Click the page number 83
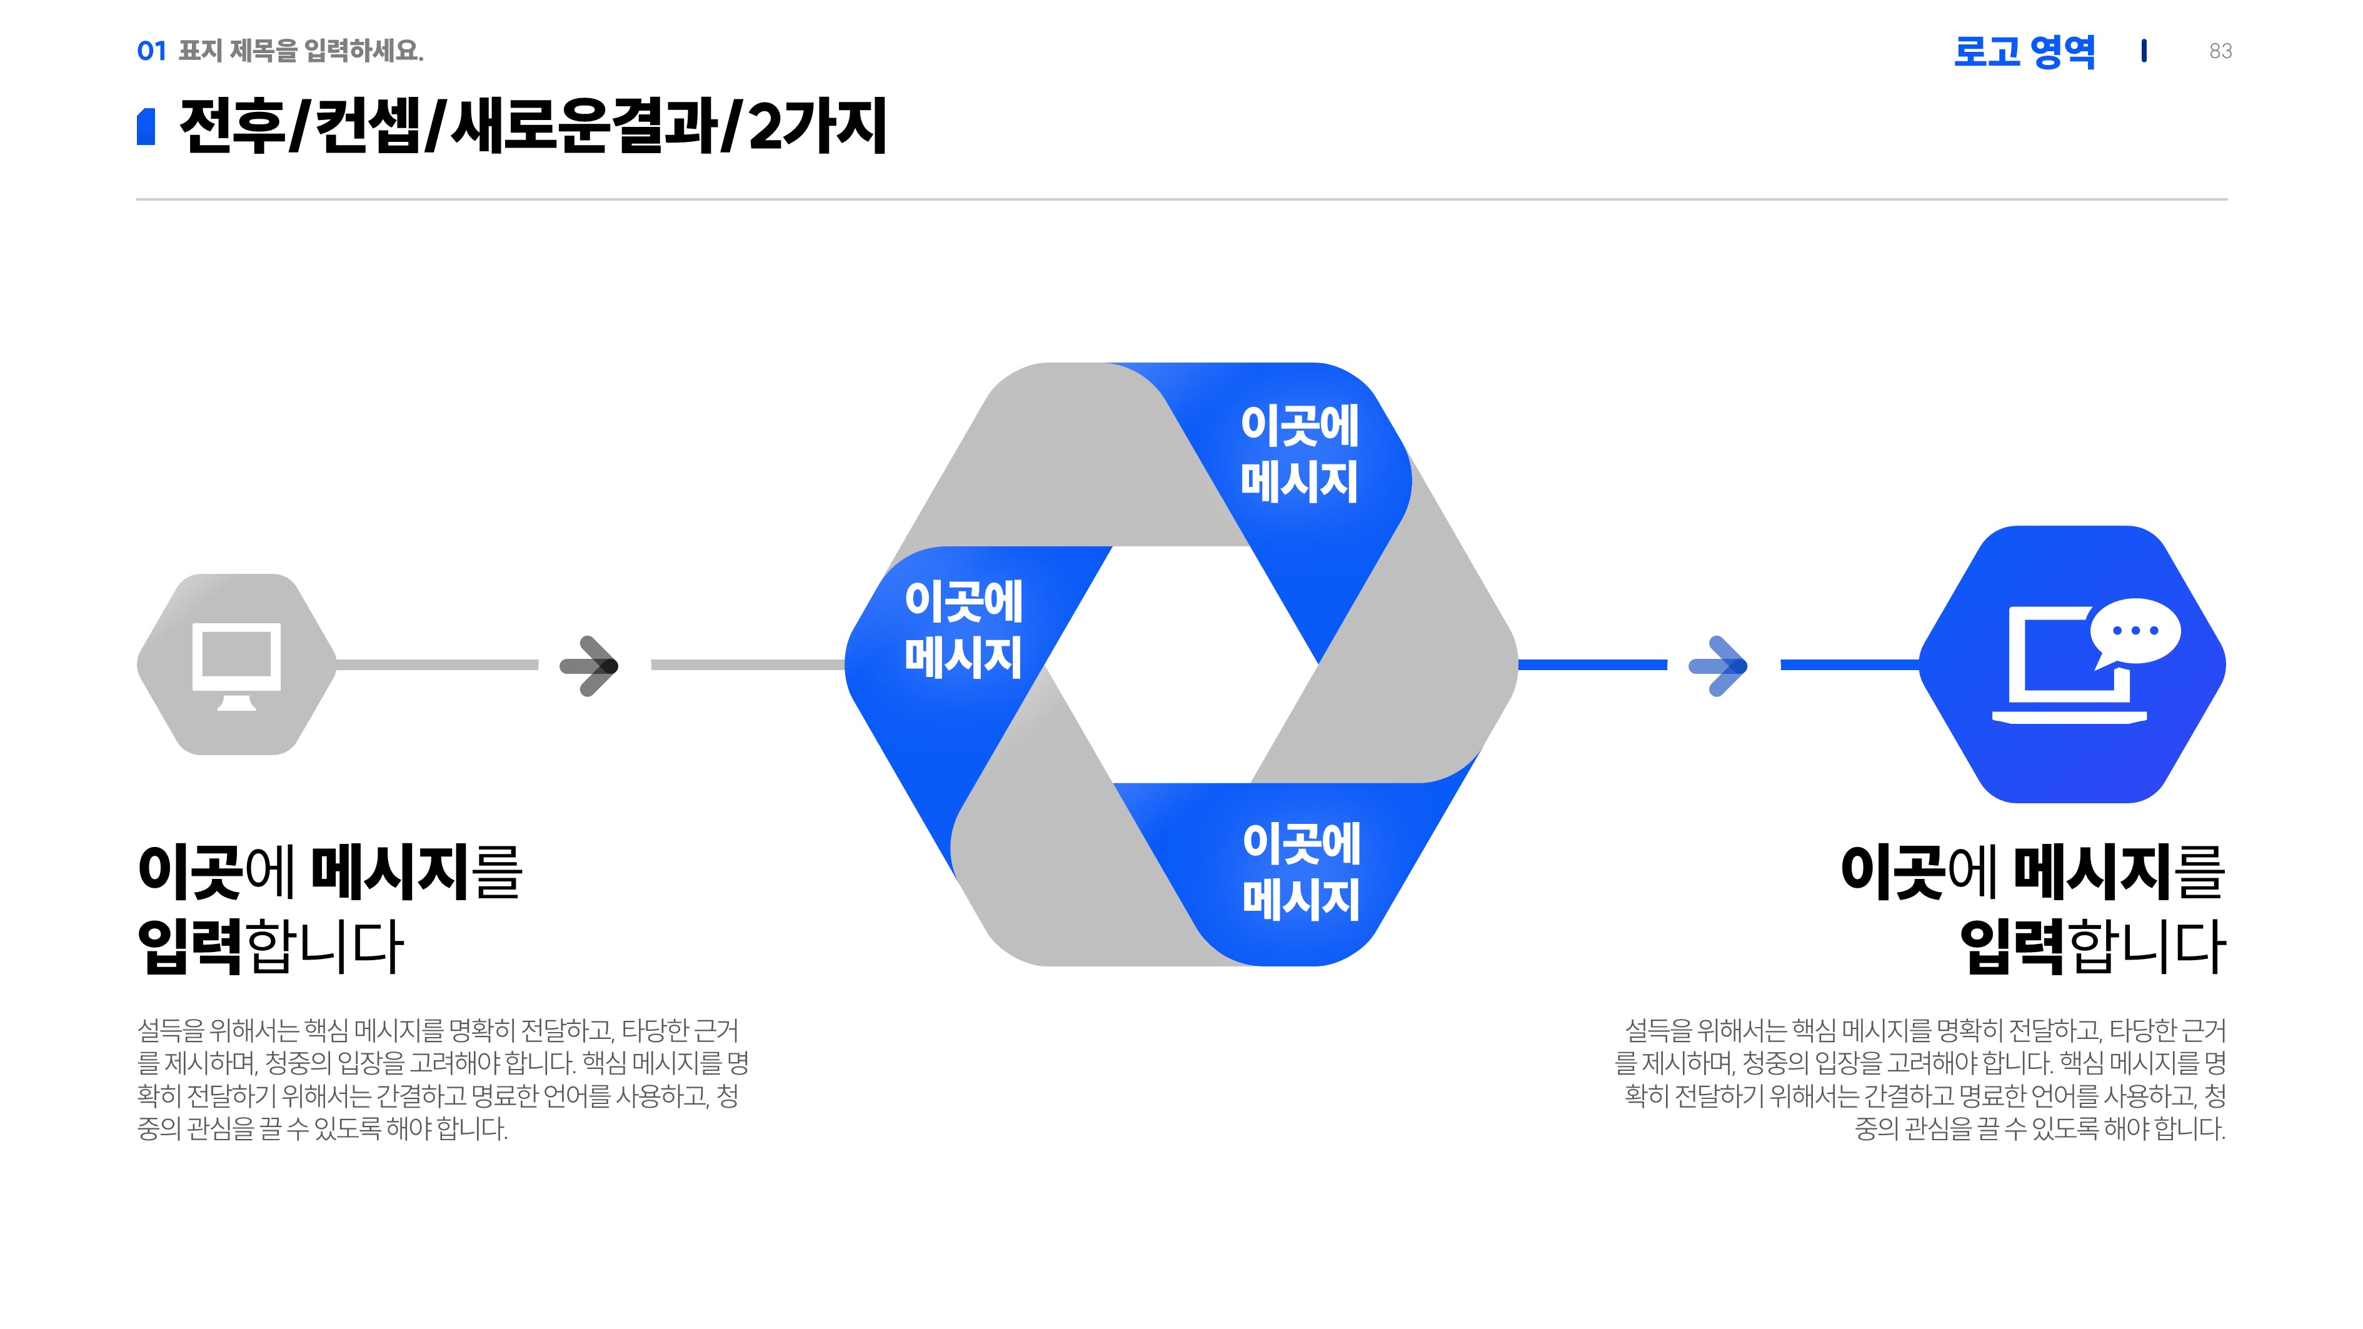pyautogui.click(x=2220, y=51)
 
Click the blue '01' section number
pyautogui.click(x=151, y=51)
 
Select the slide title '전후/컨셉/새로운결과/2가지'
pyautogui.click(x=532, y=126)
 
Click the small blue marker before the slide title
pyautogui.click(x=146, y=126)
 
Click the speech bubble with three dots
pyautogui.click(x=2135, y=631)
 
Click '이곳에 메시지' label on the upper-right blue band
pyautogui.click(x=1299, y=453)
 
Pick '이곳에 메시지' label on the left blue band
pyautogui.click(x=963, y=629)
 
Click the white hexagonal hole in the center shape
pyautogui.click(x=1181, y=665)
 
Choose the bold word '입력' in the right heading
pyautogui.click(x=2012, y=946)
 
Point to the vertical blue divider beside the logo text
pyautogui.click(x=2143, y=51)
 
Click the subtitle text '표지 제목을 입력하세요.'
pyautogui.click(x=301, y=51)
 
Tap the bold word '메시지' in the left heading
pyautogui.click(x=391, y=871)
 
